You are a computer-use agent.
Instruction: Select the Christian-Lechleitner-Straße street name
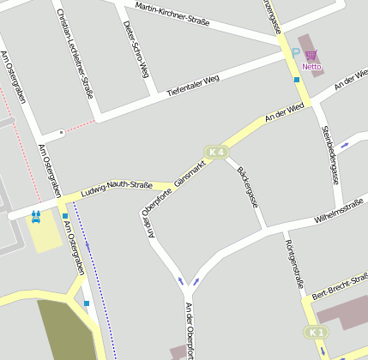[73, 53]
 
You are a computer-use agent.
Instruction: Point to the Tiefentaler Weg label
[193, 83]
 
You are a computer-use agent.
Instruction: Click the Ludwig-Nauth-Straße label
[117, 186]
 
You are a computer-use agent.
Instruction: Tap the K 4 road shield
[216, 153]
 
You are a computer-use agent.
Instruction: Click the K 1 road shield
[317, 332]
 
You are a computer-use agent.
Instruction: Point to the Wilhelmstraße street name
[339, 210]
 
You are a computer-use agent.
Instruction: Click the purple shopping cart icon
[311, 55]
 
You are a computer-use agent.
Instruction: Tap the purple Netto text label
[311, 67]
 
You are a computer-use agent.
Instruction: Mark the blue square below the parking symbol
[297, 80]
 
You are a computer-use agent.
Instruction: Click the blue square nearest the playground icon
[64, 216]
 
